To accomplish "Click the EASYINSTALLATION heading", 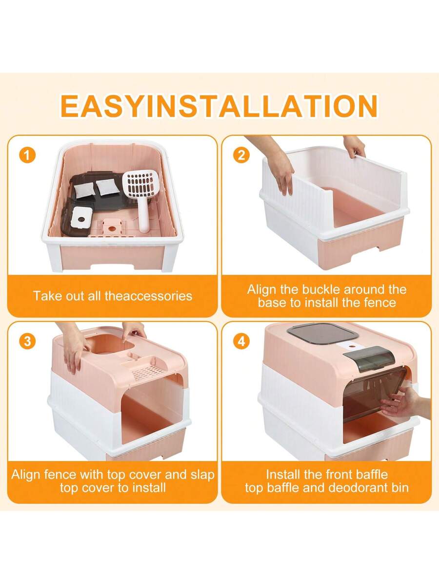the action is pos(219,106).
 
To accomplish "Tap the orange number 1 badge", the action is pos(28,155).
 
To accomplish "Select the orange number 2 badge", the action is pos(241,155).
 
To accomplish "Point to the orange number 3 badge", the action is pos(28,341).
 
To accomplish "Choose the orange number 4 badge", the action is pos(241,341).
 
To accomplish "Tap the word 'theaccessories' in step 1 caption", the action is pos(148,296).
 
